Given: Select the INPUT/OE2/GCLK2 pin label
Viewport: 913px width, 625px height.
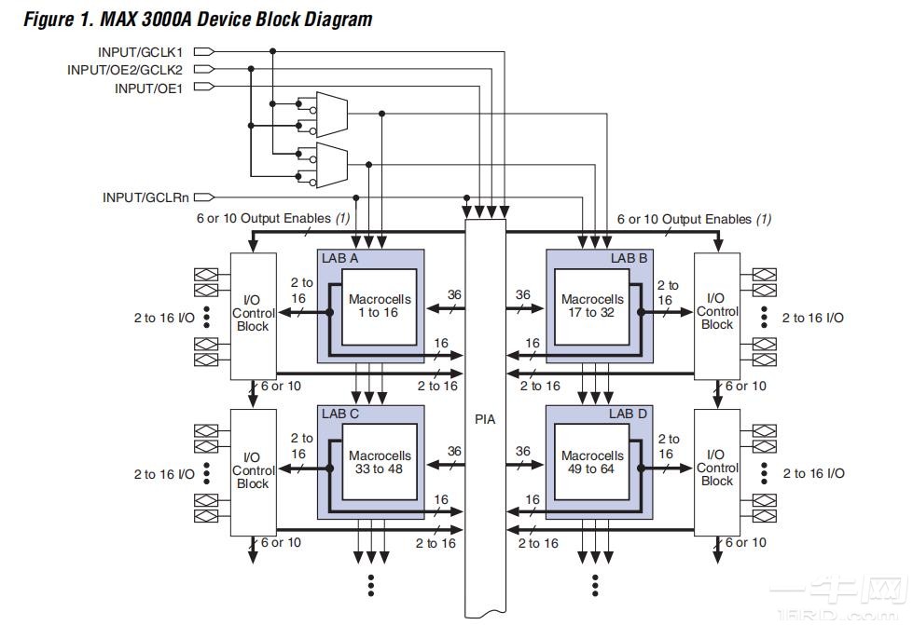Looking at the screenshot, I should (124, 70).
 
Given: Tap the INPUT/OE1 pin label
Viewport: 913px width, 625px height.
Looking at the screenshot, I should (148, 88).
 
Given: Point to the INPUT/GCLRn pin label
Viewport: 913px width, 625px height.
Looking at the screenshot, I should (145, 197).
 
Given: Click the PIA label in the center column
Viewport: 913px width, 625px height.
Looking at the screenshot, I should (485, 419).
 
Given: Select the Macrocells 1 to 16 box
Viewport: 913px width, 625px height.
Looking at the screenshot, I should (380, 306).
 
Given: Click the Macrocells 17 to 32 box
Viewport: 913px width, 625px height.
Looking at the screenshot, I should (592, 306).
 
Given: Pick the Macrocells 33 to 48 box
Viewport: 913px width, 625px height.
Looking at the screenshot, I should (380, 462).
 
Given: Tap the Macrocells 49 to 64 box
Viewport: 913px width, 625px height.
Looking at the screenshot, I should (592, 462).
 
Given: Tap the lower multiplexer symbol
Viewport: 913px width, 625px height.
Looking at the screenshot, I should (331, 164).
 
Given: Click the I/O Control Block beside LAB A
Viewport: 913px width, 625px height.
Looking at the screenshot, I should (253, 315).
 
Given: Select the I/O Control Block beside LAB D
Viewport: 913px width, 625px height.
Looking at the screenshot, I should (717, 469).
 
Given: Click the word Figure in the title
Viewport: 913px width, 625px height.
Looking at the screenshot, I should (48, 20).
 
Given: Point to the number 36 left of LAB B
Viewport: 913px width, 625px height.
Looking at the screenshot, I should (522, 295).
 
